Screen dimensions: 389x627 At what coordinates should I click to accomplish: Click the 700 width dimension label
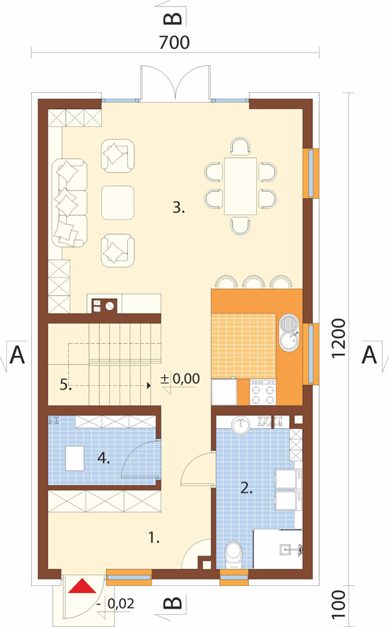[x=174, y=42]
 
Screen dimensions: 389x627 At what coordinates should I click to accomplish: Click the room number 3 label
[x=179, y=207]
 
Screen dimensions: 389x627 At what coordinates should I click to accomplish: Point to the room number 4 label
[x=103, y=458]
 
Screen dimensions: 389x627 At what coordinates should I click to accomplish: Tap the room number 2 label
[x=246, y=488]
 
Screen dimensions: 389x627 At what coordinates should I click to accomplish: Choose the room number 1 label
[x=154, y=538]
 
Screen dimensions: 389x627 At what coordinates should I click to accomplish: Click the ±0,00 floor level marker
[x=180, y=379]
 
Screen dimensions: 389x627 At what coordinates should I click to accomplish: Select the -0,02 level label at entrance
[x=115, y=604]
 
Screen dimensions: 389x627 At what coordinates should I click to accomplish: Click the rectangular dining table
[x=240, y=186]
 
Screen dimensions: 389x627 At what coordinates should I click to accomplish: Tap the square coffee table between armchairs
[x=117, y=202]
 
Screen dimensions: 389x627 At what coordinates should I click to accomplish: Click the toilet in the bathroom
[x=234, y=555]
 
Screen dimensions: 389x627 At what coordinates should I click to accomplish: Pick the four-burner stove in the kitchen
[x=263, y=392]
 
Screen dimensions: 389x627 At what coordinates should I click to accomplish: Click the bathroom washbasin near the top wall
[x=240, y=425]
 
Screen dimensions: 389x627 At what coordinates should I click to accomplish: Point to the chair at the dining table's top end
[x=240, y=146]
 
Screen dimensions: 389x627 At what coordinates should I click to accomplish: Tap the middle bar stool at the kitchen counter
[x=253, y=282]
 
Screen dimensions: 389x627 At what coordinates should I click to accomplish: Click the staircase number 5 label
[x=66, y=385]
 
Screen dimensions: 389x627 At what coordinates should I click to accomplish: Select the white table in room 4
[x=75, y=459]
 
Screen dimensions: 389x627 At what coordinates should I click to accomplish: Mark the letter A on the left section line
[x=17, y=355]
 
